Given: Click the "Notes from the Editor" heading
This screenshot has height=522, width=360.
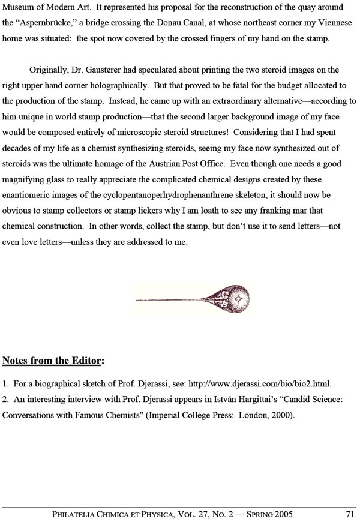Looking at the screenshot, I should (x=53, y=361).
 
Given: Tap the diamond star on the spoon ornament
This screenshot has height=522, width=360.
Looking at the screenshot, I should (x=238, y=298).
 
